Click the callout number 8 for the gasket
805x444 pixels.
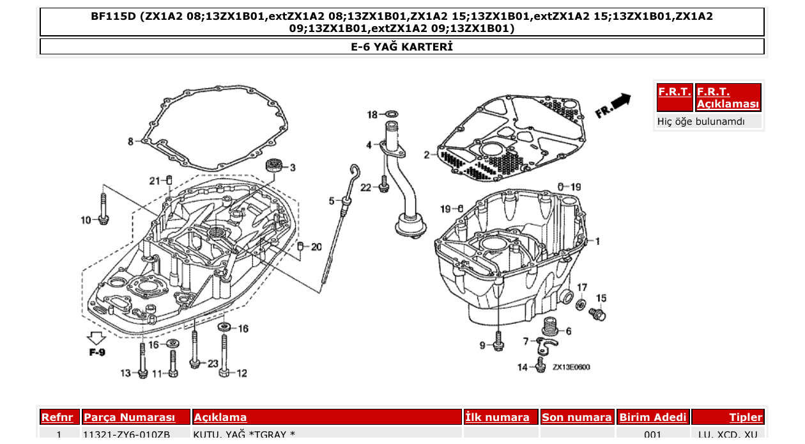point(130,141)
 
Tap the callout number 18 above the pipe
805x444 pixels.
point(372,115)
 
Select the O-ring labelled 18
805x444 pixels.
point(392,115)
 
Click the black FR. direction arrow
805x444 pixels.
point(620,101)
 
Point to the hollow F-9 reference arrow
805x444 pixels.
point(97,339)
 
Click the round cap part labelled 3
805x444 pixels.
point(274,166)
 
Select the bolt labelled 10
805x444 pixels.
point(103,205)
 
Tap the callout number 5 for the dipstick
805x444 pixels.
point(332,201)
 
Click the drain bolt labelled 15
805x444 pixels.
point(597,313)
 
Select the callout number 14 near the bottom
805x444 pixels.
point(523,367)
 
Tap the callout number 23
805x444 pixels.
point(213,363)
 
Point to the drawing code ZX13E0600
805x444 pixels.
point(571,368)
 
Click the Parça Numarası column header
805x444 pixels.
point(129,418)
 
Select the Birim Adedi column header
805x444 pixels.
point(652,418)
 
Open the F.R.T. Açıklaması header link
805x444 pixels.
point(728,98)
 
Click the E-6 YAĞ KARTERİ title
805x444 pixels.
point(402,47)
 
